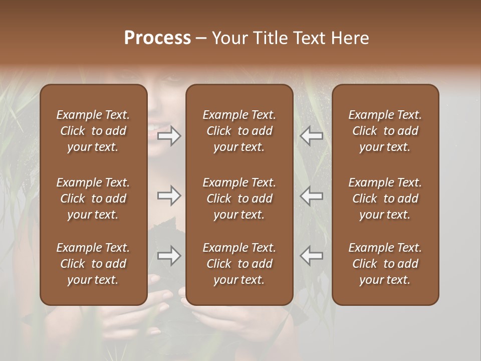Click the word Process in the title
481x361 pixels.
pyautogui.click(x=157, y=38)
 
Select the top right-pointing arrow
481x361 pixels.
pyautogui.click(x=169, y=136)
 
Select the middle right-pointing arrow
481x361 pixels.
pyautogui.click(x=169, y=196)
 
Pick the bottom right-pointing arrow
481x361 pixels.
pyautogui.click(x=169, y=256)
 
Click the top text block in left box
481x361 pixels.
pyautogui.click(x=93, y=131)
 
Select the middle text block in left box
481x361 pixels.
pyautogui.click(x=93, y=199)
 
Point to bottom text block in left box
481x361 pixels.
pyautogui.click(x=93, y=264)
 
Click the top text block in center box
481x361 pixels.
pyautogui.click(x=239, y=131)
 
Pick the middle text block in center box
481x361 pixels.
pyautogui.click(x=239, y=199)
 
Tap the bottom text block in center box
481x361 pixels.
pyautogui.click(x=239, y=264)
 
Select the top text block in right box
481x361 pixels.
pyautogui.click(x=385, y=131)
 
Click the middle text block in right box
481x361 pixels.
pyautogui.click(x=385, y=199)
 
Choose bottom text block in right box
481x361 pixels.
pyautogui.click(x=385, y=264)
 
